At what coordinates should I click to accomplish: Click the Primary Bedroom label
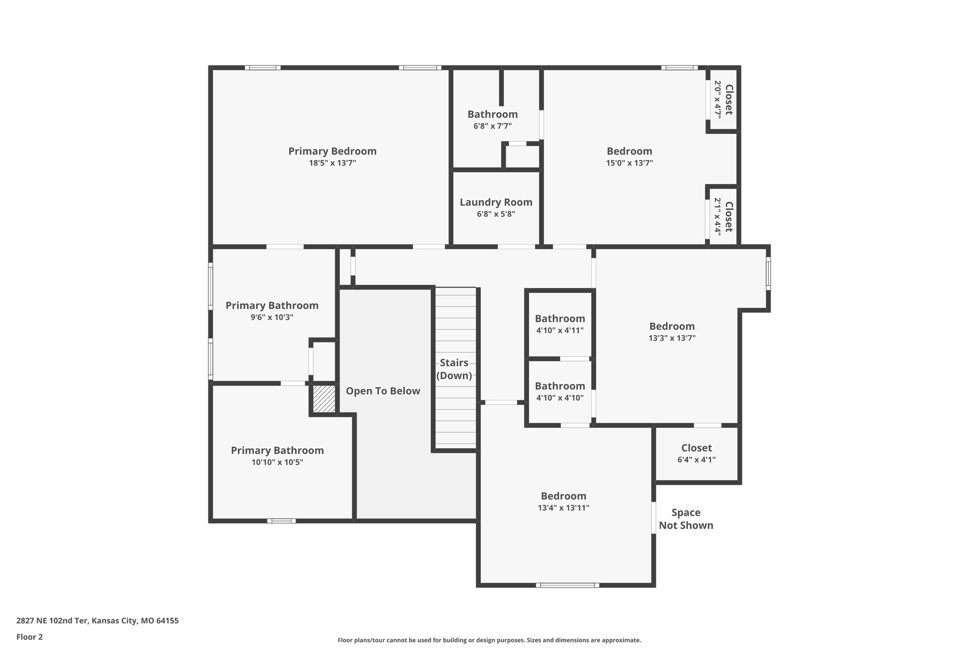(332, 151)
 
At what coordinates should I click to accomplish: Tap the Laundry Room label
(496, 202)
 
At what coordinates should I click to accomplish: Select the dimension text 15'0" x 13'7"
(629, 163)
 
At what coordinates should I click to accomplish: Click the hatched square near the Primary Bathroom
(324, 399)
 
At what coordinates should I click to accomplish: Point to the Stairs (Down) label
(454, 369)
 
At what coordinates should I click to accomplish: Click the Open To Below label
(383, 391)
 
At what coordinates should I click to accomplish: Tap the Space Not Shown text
(686, 519)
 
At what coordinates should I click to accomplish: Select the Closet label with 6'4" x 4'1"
(696, 448)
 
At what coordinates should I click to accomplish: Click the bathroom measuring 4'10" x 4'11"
(560, 324)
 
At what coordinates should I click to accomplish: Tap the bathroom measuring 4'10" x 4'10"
(560, 391)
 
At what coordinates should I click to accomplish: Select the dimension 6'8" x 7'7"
(492, 126)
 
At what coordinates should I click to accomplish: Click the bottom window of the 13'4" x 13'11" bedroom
(567, 585)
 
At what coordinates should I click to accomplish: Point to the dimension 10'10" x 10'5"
(277, 462)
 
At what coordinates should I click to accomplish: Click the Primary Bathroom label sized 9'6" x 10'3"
(272, 305)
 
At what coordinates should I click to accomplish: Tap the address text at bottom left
(98, 621)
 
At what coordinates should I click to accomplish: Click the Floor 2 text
(30, 637)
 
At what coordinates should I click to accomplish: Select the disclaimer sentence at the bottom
(489, 640)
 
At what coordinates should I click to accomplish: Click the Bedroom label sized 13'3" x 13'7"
(672, 326)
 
